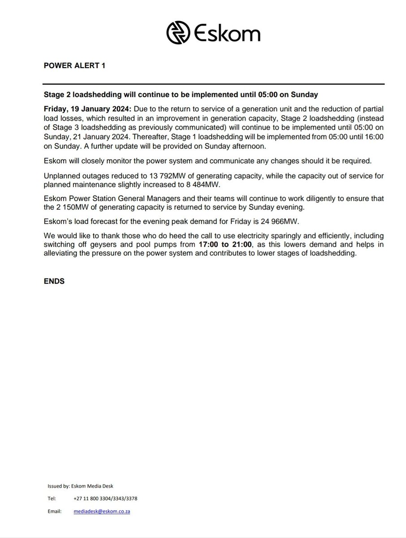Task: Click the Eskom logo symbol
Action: [x=178, y=33]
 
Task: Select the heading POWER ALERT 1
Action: [x=74, y=65]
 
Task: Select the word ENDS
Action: [x=54, y=282]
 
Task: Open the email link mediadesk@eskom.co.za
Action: [x=102, y=512]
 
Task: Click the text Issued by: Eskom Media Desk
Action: [x=78, y=486]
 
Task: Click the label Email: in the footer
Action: [x=55, y=512]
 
